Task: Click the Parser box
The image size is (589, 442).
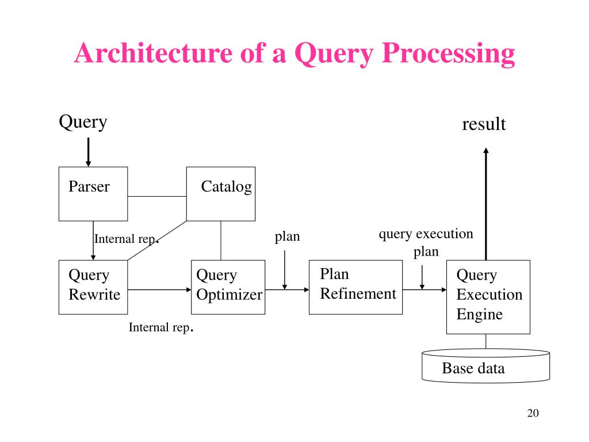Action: [93, 194]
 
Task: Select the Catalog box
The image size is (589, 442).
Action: [221, 194]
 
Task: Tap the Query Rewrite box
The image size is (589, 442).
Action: [93, 287]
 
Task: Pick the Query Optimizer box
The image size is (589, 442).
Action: [228, 287]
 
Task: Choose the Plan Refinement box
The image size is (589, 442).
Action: [355, 287]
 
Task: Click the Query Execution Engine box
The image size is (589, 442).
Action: [488, 297]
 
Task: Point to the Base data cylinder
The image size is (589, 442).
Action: [485, 366]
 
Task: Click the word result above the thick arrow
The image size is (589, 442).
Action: [484, 124]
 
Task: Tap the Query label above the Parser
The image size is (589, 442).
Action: [83, 122]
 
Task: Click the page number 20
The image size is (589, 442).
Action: [533, 413]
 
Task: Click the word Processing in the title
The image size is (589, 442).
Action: [449, 54]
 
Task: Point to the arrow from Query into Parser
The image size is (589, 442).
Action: [88, 152]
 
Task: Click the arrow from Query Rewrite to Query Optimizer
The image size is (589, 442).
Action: [160, 289]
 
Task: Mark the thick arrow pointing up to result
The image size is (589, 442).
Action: [485, 204]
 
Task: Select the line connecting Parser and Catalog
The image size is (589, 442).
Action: [157, 196]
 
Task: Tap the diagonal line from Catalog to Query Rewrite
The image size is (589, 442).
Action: [157, 241]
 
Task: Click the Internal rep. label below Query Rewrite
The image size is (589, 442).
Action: [161, 327]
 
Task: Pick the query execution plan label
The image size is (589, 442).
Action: [426, 242]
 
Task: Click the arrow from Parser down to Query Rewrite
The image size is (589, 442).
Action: [93, 241]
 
